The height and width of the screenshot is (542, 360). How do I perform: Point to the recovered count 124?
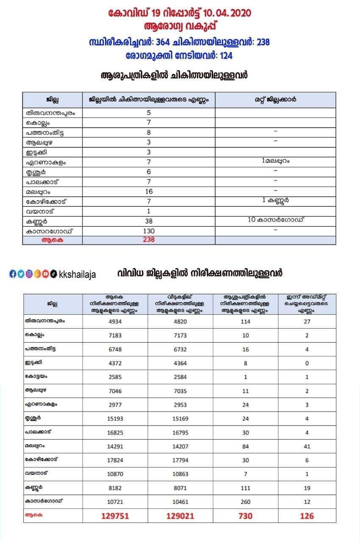(x=225, y=55)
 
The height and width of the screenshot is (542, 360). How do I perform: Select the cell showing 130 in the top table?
(x=149, y=231)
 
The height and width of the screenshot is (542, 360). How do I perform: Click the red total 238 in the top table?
(x=149, y=240)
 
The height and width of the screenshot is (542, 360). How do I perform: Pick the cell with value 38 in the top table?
(x=149, y=221)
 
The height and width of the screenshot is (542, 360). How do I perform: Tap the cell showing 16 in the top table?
(x=149, y=191)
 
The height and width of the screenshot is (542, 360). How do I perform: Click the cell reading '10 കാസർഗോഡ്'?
(x=277, y=219)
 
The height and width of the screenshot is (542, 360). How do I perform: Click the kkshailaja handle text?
(x=78, y=274)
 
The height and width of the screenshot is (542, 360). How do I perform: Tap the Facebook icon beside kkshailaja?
(x=12, y=274)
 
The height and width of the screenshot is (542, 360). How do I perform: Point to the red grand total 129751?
(x=115, y=516)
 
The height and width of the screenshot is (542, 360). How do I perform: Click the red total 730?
(x=245, y=516)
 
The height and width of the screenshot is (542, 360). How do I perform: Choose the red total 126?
(x=307, y=516)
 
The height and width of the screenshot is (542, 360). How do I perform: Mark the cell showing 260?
(x=245, y=502)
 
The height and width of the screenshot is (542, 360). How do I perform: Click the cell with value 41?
(x=307, y=446)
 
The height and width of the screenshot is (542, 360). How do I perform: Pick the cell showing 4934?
(x=115, y=321)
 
